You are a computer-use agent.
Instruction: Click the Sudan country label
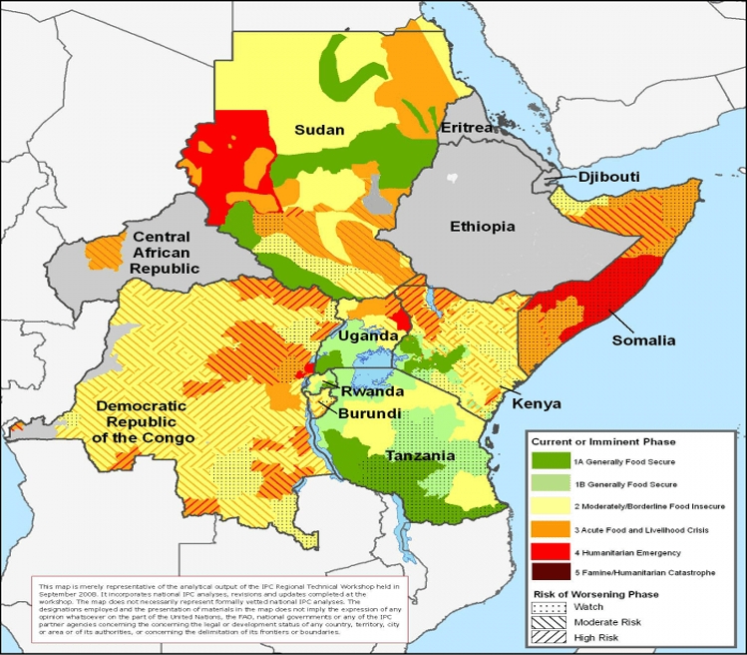tap(319, 130)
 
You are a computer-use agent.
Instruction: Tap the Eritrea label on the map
tap(467, 129)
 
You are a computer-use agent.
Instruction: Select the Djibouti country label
tap(608, 177)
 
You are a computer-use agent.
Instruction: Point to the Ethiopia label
tap(482, 227)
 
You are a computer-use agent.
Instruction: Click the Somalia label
tap(644, 340)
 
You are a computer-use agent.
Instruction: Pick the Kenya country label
tap(537, 404)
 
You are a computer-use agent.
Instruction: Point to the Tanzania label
tap(422, 456)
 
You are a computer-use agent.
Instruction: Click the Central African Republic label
tap(167, 253)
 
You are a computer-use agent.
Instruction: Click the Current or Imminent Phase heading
tap(603, 441)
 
